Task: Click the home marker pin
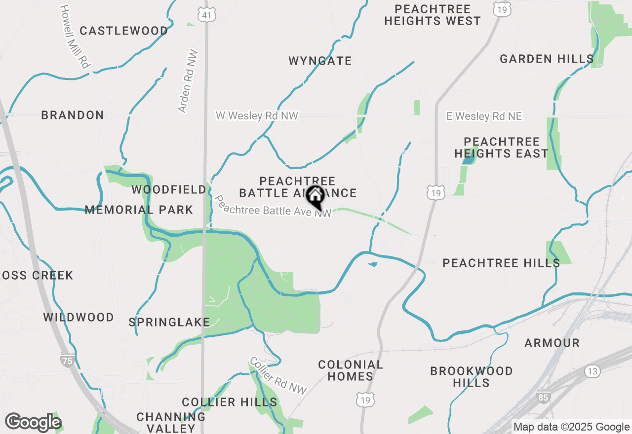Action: click(315, 197)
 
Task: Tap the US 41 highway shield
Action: click(206, 15)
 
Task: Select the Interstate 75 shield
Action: click(67, 360)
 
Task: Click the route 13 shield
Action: click(592, 371)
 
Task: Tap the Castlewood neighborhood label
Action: click(123, 31)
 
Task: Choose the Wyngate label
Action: click(320, 61)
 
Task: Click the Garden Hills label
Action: click(547, 59)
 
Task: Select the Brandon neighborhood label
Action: click(73, 115)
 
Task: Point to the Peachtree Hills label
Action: click(501, 263)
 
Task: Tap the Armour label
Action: click(552, 343)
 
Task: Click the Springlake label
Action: click(169, 323)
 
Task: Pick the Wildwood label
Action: click(79, 317)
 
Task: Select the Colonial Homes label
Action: click(351, 370)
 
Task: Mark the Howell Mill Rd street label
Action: click(76, 36)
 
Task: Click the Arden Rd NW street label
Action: click(188, 81)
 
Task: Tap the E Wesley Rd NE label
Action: click(484, 116)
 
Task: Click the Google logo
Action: click(33, 422)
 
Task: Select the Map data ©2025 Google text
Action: click(571, 427)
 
